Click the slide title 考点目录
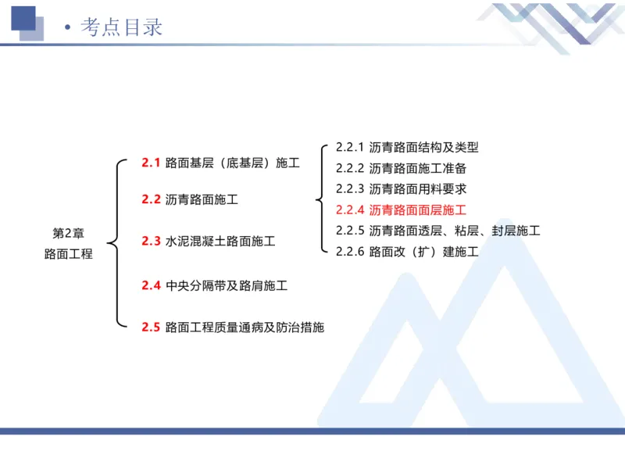pyautogui.click(x=122, y=27)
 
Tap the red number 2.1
pyautogui.click(x=151, y=163)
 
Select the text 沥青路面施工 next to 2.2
pyautogui.click(x=202, y=200)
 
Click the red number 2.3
pyautogui.click(x=151, y=242)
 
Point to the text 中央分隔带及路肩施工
pyautogui.click(x=227, y=286)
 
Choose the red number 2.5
pyautogui.click(x=151, y=328)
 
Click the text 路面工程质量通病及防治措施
pyautogui.click(x=245, y=328)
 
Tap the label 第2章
pyautogui.click(x=68, y=234)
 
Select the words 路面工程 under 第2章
pyautogui.click(x=68, y=254)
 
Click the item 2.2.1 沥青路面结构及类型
pyautogui.click(x=406, y=147)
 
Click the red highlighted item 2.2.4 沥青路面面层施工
pyautogui.click(x=401, y=210)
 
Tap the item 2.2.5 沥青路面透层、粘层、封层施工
pyautogui.click(x=437, y=231)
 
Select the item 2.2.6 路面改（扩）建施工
pyautogui.click(x=406, y=252)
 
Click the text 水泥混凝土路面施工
pyautogui.click(x=220, y=242)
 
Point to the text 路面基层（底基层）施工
pyautogui.click(x=232, y=163)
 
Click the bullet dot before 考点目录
pyautogui.click(x=69, y=28)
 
